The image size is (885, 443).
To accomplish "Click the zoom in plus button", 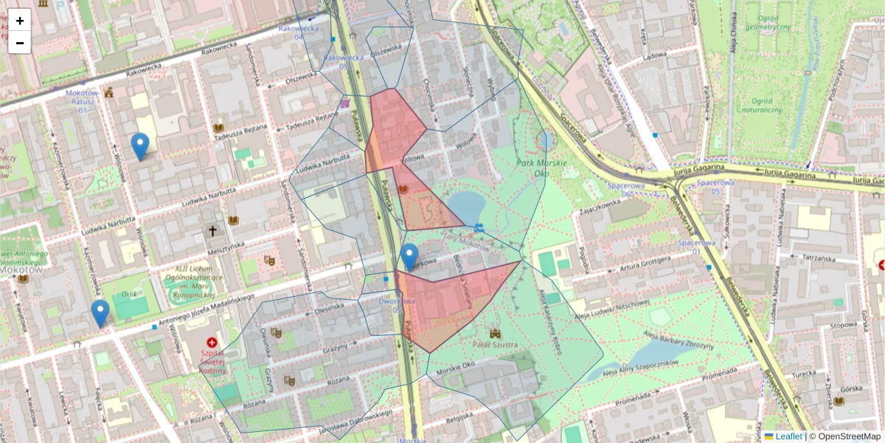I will point(20,21).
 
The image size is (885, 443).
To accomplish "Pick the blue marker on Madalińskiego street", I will point(100,313).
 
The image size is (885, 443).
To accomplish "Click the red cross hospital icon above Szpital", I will point(212,343).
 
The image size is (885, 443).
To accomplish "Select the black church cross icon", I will point(213,231).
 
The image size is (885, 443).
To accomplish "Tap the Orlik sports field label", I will point(130,294).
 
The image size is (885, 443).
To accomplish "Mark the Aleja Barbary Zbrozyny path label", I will point(679,340).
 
